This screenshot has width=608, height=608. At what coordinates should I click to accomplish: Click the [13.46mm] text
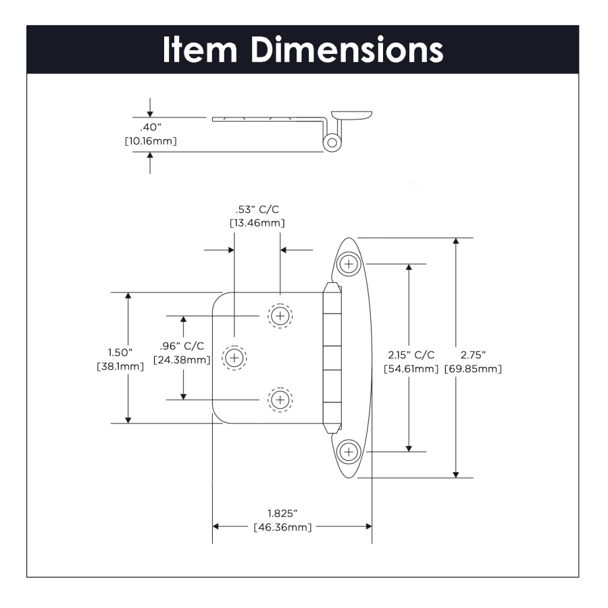coord(256,222)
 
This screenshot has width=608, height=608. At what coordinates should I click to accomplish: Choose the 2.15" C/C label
coord(411,355)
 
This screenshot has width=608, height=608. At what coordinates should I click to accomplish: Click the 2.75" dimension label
coord(473,355)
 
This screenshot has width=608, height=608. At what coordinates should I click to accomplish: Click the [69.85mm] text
coord(473,369)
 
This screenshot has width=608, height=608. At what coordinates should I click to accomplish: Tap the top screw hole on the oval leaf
coord(349,263)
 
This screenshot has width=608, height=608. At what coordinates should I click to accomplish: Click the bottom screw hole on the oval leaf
coord(349,450)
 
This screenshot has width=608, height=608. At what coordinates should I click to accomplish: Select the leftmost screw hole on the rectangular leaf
coord(234,358)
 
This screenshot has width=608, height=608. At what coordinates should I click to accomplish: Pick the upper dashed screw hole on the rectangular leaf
coord(280,315)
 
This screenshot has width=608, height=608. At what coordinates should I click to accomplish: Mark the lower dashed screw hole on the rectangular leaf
coord(280,400)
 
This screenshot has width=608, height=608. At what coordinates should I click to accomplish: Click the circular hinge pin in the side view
coord(332,143)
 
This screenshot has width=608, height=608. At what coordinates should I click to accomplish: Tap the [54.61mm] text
coord(411,369)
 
